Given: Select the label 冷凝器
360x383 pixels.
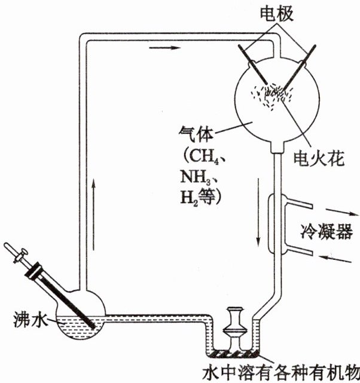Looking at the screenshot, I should click(325, 230).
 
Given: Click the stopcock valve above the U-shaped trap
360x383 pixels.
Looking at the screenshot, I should click(235, 326).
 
